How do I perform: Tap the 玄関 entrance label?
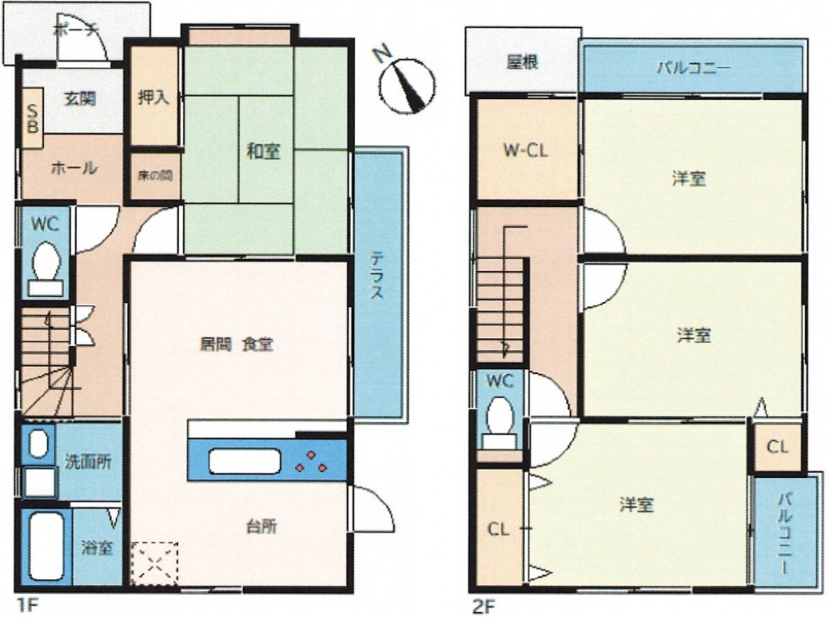pyautogui.click(x=79, y=98)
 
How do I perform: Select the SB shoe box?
pyautogui.click(x=33, y=119)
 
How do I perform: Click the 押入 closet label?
pyautogui.click(x=154, y=98)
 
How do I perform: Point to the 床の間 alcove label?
pyautogui.click(x=155, y=176)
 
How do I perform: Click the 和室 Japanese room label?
pyautogui.click(x=263, y=152)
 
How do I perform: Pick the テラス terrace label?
pyautogui.click(x=377, y=275)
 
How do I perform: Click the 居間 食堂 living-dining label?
pyautogui.click(x=237, y=345)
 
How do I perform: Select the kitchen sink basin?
pyautogui.click(x=244, y=461)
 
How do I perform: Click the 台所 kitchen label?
pyautogui.click(x=262, y=526)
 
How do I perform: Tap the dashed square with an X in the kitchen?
pyautogui.click(x=155, y=563)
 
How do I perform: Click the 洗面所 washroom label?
pyautogui.click(x=88, y=462)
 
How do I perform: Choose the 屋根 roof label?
pyautogui.click(x=522, y=62)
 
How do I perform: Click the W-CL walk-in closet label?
pyautogui.click(x=525, y=151)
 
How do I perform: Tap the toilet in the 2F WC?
pyautogui.click(x=500, y=425)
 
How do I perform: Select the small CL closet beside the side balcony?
pyautogui.click(x=777, y=446)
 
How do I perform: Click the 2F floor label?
pyautogui.click(x=484, y=606)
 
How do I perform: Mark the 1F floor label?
pyautogui.click(x=28, y=605)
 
